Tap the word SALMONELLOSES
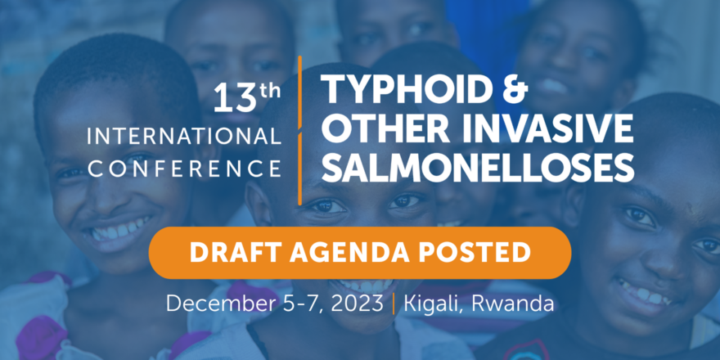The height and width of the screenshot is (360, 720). coord(482,168)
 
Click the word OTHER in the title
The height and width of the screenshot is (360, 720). coord(388,128)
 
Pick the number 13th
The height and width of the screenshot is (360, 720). coord(246,97)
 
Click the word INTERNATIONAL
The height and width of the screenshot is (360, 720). coord(184,137)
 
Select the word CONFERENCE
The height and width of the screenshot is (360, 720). coord(184,169)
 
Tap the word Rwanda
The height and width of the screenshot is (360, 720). coord(512,304)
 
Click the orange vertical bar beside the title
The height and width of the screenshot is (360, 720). coord(299,130)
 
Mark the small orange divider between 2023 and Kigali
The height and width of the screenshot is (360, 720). coord(394,304)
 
